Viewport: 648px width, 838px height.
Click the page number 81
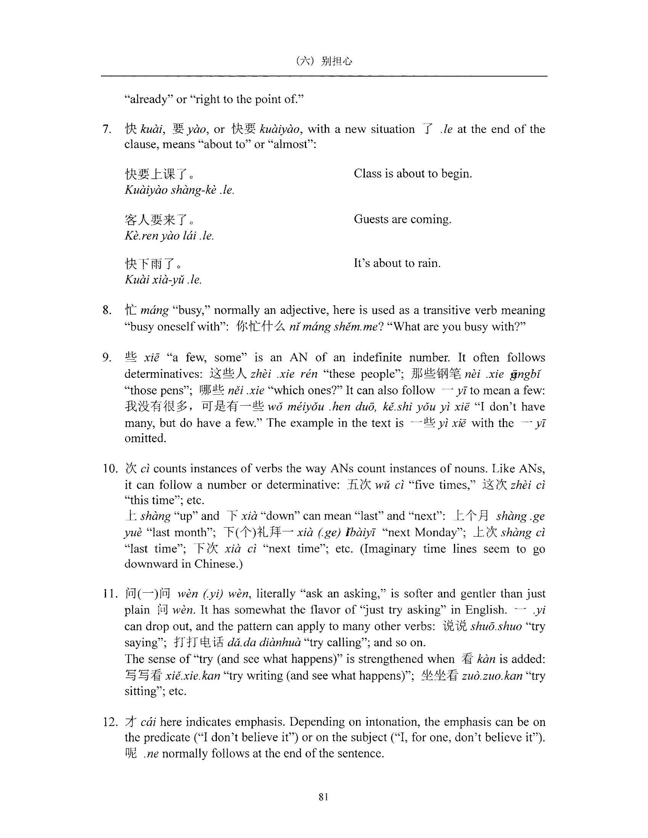coord(323,797)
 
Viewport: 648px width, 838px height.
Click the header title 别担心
coord(337,61)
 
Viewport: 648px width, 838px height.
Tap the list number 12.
coord(109,722)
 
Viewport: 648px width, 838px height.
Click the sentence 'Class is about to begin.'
coord(413,174)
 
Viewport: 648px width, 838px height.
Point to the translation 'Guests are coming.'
coord(402,219)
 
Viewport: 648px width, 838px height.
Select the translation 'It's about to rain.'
coord(397,263)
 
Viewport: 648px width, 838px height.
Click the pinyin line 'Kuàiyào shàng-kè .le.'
coord(179,190)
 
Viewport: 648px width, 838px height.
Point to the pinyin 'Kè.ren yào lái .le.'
coord(169,235)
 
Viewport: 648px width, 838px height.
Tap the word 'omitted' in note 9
coord(145,438)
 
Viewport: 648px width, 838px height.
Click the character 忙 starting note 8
coord(130,310)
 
